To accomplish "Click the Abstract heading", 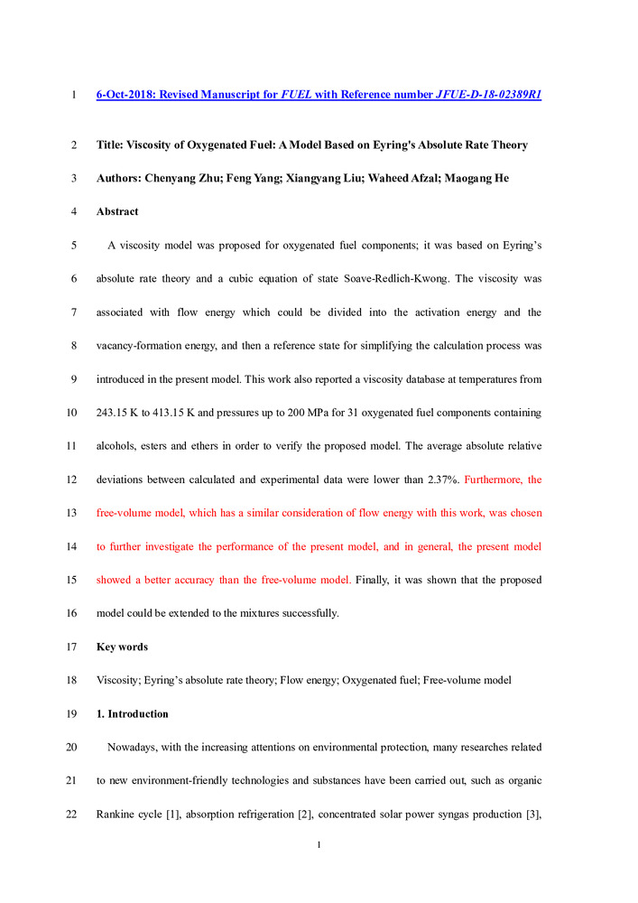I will (x=117, y=212).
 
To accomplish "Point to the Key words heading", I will (x=122, y=647).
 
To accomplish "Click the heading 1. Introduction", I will (x=133, y=713).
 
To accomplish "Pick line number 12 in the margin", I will (x=72, y=479).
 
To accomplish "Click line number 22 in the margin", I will (x=72, y=814).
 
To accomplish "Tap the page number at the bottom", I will (x=319, y=845).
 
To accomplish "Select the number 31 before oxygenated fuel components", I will (x=367, y=413).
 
